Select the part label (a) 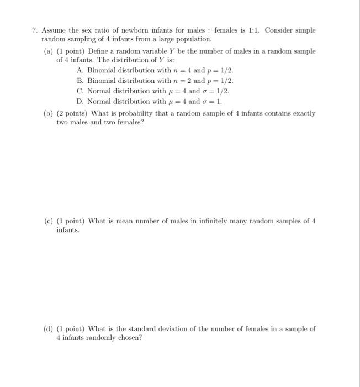point(48,51)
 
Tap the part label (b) point(48,113)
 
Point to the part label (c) point(48,221)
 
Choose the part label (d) point(48,328)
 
